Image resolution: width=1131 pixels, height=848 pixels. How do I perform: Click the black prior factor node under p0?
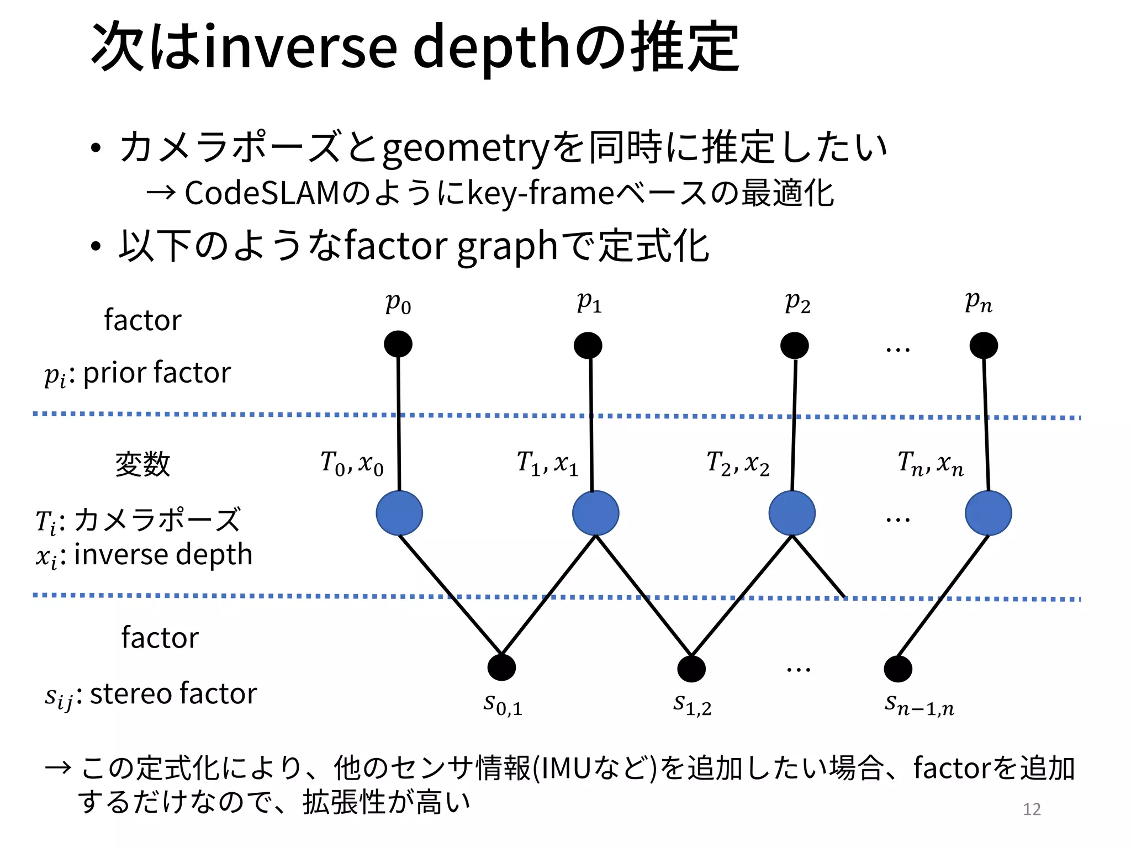click(x=398, y=344)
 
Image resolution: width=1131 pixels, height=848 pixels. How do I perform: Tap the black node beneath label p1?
click(x=588, y=346)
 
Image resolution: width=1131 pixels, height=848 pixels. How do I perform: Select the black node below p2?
click(x=795, y=346)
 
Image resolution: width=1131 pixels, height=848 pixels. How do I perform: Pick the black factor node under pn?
click(x=984, y=346)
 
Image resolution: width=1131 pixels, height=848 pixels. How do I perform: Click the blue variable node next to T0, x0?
click(x=399, y=513)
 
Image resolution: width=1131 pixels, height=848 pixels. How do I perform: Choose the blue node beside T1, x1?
click(x=596, y=513)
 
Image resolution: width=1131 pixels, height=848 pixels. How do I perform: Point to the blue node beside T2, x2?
click(x=792, y=513)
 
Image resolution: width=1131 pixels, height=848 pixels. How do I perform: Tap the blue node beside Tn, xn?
click(x=989, y=513)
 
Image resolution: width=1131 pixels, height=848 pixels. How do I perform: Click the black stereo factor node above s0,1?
click(x=501, y=667)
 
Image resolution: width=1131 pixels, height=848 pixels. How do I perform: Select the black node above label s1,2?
click(x=691, y=669)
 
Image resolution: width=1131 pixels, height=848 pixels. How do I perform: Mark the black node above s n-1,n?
click(x=898, y=669)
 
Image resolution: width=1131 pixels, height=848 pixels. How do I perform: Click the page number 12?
click(x=1032, y=809)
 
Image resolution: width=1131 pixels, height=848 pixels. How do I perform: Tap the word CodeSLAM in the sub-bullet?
click(x=261, y=193)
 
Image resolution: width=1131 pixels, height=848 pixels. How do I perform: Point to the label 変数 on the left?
click(x=142, y=464)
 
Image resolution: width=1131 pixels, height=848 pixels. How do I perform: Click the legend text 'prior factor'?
click(x=157, y=373)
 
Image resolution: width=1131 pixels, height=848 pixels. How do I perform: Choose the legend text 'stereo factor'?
click(x=173, y=693)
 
